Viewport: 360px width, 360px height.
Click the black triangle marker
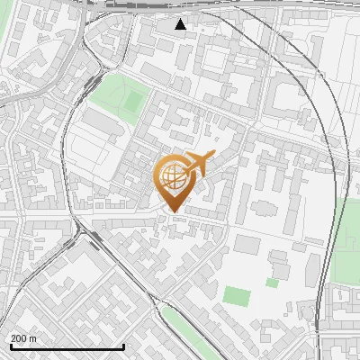click(181, 23)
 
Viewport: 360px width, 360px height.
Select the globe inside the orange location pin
click(171, 175)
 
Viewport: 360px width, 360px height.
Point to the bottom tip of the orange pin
click(172, 212)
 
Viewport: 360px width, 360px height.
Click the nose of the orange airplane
click(214, 155)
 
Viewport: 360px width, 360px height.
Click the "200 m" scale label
click(23, 338)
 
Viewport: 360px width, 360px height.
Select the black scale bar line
click(67, 346)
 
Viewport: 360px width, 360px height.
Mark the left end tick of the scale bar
click(11, 345)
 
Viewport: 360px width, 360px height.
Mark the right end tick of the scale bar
click(123, 345)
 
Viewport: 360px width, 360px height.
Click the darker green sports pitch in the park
click(133, 102)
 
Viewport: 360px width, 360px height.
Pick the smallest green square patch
click(272, 283)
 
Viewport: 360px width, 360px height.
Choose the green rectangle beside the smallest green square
click(236, 295)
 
